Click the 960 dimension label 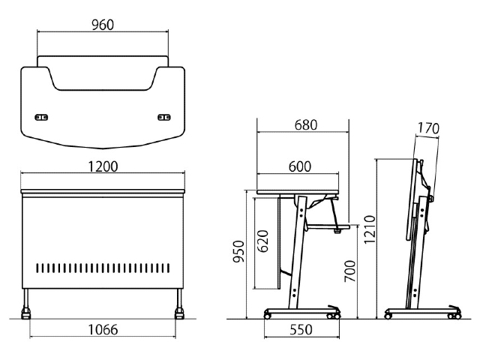103,25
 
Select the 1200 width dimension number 103,166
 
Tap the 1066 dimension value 103,330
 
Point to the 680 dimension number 306,125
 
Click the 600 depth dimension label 300,166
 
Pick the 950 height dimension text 238,251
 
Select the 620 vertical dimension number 262,241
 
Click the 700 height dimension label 350,271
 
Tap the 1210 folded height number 370,229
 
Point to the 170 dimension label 428,128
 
